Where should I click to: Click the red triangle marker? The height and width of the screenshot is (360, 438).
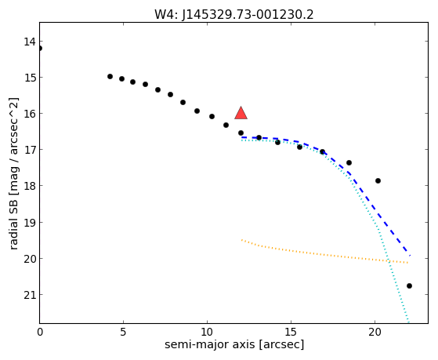coord(241,113)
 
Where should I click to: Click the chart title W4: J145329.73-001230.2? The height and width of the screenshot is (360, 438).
coord(234,14)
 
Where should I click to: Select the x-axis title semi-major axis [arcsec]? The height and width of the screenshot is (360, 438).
coord(234,344)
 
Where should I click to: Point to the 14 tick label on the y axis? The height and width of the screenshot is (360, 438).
coord(30,42)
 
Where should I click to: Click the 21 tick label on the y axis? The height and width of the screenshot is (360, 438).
coord(30,295)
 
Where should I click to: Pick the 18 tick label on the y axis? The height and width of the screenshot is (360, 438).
coord(30,186)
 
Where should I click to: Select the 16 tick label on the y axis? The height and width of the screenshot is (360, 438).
coord(30,114)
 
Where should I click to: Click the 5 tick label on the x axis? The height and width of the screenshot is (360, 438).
coord(123,332)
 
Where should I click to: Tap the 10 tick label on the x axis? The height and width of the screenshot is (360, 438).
coord(207,332)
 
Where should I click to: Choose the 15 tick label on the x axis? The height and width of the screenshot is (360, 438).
coord(291,332)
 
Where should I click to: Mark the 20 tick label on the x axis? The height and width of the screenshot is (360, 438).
coord(375,332)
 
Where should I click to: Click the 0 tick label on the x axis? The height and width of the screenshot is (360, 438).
coord(40,332)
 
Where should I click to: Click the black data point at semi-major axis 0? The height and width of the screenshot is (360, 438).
coord(40,49)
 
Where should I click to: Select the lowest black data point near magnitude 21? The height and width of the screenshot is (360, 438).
coord(409,285)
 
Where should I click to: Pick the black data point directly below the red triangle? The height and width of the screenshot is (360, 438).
coord(241,133)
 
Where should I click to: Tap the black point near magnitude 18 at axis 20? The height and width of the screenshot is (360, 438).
coord(378,180)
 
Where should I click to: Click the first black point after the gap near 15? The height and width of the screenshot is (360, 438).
coord(110,76)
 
